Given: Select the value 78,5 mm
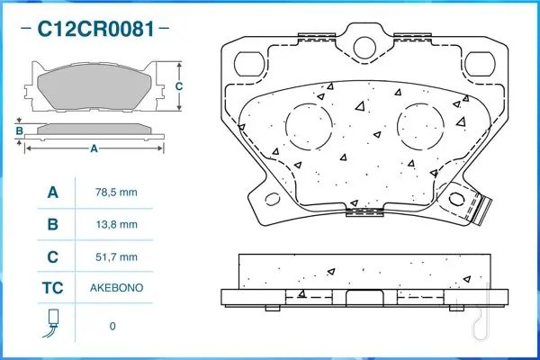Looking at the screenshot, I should click(116, 192).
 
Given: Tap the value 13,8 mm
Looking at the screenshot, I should click(116, 224).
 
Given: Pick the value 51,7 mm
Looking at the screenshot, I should click(116, 256).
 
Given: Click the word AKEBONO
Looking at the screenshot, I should click(116, 289).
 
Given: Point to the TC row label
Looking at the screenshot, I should click(52, 289).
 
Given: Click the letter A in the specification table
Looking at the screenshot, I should click(52, 192).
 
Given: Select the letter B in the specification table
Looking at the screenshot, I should click(52, 224).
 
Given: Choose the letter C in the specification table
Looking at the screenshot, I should click(52, 256).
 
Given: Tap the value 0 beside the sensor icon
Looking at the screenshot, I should click(112, 325).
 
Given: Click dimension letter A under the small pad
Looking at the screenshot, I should click(94, 149).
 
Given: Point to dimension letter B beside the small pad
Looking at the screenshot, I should click(19, 131).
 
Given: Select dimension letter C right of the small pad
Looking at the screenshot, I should click(179, 86).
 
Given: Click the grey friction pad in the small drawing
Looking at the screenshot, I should click(94, 88).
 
